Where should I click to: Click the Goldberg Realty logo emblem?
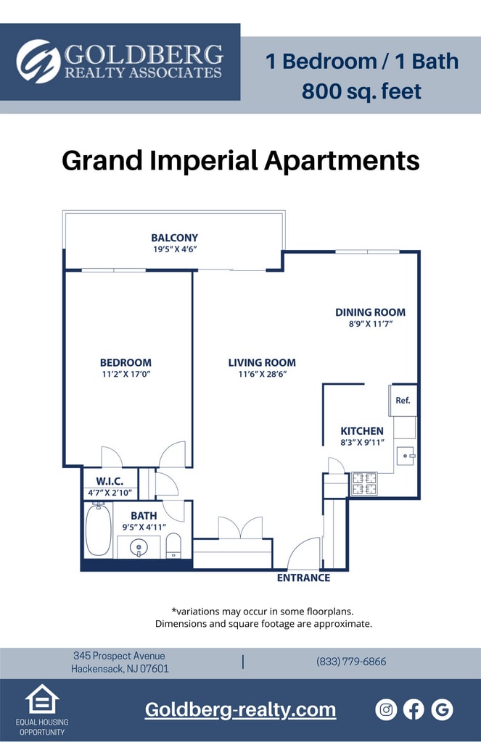(38, 62)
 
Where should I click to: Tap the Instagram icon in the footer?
(386, 709)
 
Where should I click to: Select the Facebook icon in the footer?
(414, 709)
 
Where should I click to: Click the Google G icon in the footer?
(442, 709)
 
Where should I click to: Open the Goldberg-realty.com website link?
(240, 709)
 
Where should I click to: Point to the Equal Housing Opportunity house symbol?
(42, 699)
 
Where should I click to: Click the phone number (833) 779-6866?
(351, 662)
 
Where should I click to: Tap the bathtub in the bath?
(98, 530)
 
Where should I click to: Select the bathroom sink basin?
(139, 547)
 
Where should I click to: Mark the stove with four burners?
(364, 483)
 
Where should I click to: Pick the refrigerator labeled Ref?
(403, 400)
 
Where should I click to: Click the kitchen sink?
(405, 456)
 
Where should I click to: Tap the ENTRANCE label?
(303, 578)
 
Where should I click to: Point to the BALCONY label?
(174, 238)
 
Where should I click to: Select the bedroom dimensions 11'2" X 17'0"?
(126, 374)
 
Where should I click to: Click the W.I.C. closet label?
(110, 482)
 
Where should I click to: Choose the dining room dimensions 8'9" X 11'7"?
(370, 324)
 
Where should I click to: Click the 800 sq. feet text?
(361, 92)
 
